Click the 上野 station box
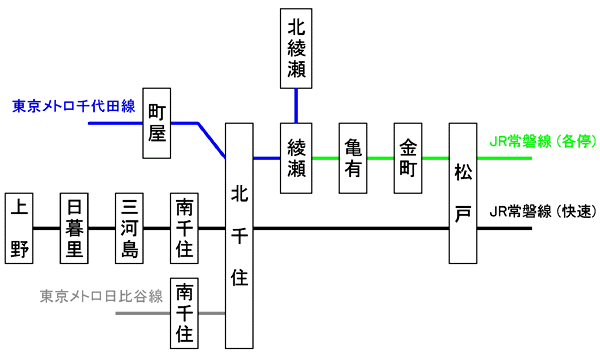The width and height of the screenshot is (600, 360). pos(20,228)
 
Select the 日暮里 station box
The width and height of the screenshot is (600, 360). pos(75,228)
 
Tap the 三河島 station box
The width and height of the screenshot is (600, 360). pos(130,228)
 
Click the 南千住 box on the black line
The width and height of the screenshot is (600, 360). pos(185,228)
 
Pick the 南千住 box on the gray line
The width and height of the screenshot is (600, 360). pos(185,312)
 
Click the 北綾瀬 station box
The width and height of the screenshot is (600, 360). pos(297,48)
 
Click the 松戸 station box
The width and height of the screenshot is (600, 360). pos(463,193)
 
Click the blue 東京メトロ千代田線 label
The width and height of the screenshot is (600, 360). pos(74,106)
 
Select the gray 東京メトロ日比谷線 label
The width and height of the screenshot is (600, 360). pos(100,296)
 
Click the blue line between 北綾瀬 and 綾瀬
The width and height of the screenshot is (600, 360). pos(297,106)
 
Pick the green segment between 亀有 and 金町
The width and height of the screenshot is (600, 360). pos(381,158)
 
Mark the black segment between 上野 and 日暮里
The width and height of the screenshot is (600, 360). pos(48,228)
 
